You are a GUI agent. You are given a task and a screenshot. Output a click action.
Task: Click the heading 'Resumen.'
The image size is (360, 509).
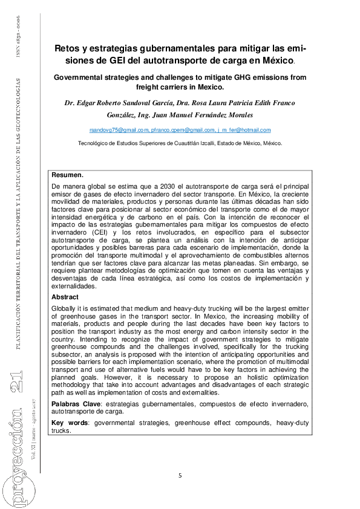click(x=67, y=174)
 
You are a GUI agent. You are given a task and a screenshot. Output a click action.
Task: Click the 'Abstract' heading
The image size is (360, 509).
click(x=66, y=297)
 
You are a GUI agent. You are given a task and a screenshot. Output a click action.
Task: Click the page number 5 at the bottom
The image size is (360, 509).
click(x=180, y=476)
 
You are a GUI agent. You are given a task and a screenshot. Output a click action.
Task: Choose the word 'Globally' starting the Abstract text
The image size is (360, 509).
click(x=64, y=309)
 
